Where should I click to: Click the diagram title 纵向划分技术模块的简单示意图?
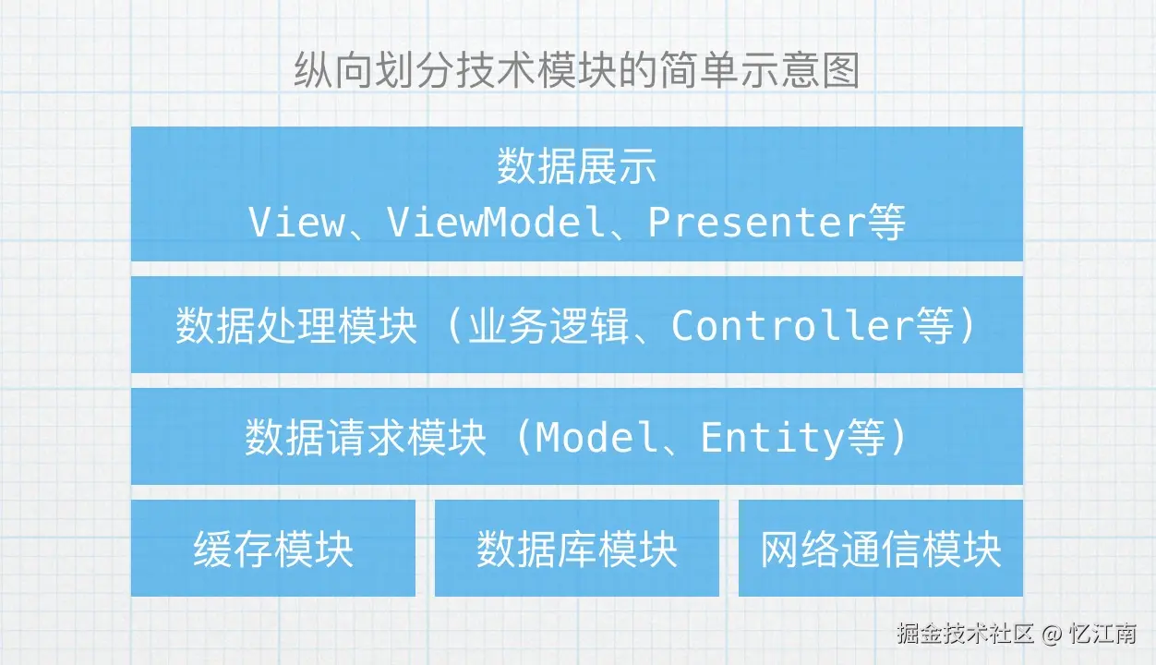[577, 71]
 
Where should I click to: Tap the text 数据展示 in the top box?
[577, 167]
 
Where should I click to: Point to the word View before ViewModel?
[295, 223]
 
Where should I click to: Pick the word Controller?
[793, 326]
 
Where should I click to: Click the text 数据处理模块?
[296, 326]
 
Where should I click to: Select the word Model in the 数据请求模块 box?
[590, 437]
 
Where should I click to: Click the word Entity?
[772, 437]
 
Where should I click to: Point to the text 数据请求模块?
[366, 437]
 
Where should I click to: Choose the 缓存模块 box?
[273, 549]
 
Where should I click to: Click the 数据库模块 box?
[577, 549]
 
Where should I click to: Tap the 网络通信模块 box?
[881, 549]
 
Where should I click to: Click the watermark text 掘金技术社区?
[964, 635]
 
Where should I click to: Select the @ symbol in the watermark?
[1051, 635]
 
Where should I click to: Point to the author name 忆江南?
[1102, 635]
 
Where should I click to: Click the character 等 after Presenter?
[886, 223]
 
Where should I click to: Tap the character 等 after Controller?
[934, 326]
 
